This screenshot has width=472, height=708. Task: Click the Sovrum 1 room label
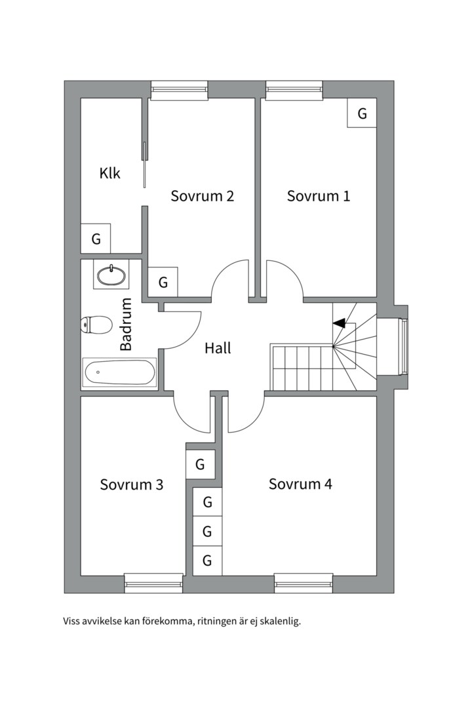point(319,195)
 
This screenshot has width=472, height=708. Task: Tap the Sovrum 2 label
point(203,195)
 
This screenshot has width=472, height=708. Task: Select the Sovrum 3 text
point(131,484)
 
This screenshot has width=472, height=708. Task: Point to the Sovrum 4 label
point(300,484)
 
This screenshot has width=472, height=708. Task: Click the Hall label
point(218,348)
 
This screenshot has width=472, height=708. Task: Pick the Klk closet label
point(110,174)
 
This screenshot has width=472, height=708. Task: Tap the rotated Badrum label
point(127,324)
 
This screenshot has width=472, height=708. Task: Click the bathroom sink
point(111,275)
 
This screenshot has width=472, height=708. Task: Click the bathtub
point(119,372)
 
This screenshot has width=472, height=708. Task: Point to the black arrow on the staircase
point(339,323)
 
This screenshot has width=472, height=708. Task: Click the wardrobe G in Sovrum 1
point(362,113)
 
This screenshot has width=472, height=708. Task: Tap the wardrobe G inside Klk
point(96,239)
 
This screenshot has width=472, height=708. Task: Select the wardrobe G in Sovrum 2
point(163,283)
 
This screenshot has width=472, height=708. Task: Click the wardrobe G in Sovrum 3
point(200,465)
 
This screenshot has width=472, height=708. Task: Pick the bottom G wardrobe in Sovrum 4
point(207,560)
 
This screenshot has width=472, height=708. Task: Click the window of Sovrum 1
point(294,90)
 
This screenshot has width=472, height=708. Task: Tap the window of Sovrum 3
point(153,583)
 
